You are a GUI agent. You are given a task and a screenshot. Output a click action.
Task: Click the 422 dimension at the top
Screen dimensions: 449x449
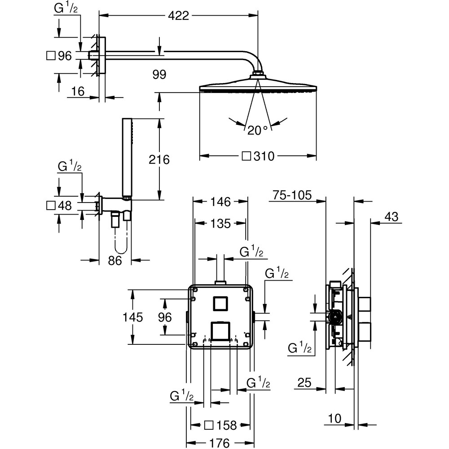pos(178,15)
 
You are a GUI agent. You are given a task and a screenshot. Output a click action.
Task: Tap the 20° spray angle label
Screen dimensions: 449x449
pos(258,131)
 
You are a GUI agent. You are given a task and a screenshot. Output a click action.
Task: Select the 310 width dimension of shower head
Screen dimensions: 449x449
pos(258,156)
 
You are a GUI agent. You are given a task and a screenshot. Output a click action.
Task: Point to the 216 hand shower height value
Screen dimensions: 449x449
pos(159,159)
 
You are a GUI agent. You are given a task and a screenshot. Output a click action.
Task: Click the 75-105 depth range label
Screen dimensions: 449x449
pos(292,195)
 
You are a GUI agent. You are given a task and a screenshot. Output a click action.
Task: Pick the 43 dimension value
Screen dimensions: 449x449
pos(392,217)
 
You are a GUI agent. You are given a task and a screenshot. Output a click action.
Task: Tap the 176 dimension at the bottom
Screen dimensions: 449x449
pos(220,443)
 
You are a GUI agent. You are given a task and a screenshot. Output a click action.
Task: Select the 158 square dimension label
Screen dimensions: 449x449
pos(221,425)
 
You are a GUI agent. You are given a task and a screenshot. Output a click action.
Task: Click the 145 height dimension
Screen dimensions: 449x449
pos(132,317)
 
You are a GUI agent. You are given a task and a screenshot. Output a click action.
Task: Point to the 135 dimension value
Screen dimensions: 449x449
pos(220,224)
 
